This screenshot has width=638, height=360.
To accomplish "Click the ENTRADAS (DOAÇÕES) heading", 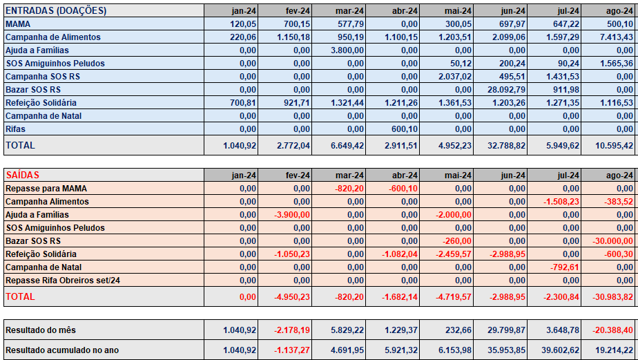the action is (x=56, y=11).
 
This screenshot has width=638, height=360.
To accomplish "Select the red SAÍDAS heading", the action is (x=22, y=175).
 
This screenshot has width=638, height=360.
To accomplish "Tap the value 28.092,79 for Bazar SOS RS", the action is (x=506, y=90).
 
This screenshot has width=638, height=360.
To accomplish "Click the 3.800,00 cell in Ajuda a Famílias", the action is (x=347, y=50).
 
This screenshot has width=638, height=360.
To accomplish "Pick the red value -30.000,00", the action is (x=612, y=241).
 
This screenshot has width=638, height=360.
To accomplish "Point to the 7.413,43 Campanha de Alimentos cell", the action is (x=617, y=37).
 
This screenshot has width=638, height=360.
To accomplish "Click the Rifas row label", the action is (x=15, y=129).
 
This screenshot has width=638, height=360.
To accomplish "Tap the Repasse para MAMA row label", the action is (x=46, y=189).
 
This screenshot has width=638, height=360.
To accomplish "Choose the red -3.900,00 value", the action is (x=292, y=215).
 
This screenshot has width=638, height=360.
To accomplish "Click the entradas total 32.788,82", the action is (x=506, y=145).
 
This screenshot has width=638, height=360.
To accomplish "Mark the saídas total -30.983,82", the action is (x=612, y=297).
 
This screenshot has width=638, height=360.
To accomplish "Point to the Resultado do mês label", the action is (x=41, y=330).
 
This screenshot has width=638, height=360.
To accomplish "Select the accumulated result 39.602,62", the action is (x=560, y=350).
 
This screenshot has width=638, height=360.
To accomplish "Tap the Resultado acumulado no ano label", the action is (x=62, y=350).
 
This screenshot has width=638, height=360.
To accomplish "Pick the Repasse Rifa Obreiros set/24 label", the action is (x=63, y=281).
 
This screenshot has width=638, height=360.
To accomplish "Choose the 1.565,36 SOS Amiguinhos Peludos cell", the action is (x=617, y=64).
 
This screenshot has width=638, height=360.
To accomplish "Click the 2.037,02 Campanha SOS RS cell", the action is (x=454, y=77).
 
